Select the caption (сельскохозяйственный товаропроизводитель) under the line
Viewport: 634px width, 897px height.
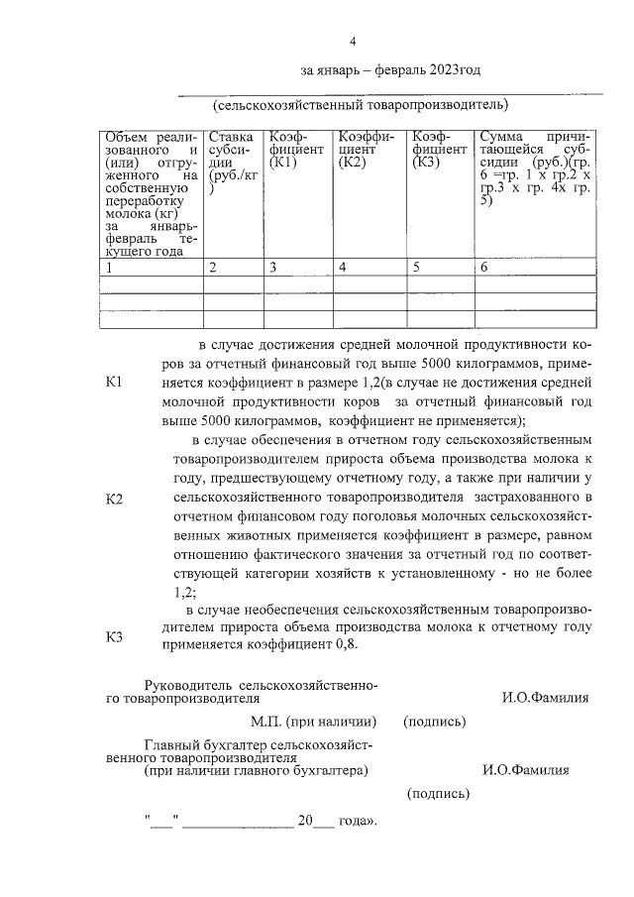pos(360,104)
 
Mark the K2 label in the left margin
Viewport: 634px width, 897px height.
pos(113,499)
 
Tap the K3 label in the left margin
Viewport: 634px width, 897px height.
pos(113,636)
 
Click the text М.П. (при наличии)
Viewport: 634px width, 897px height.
pos(311,721)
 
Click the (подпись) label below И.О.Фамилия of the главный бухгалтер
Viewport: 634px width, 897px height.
pos(438,793)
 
